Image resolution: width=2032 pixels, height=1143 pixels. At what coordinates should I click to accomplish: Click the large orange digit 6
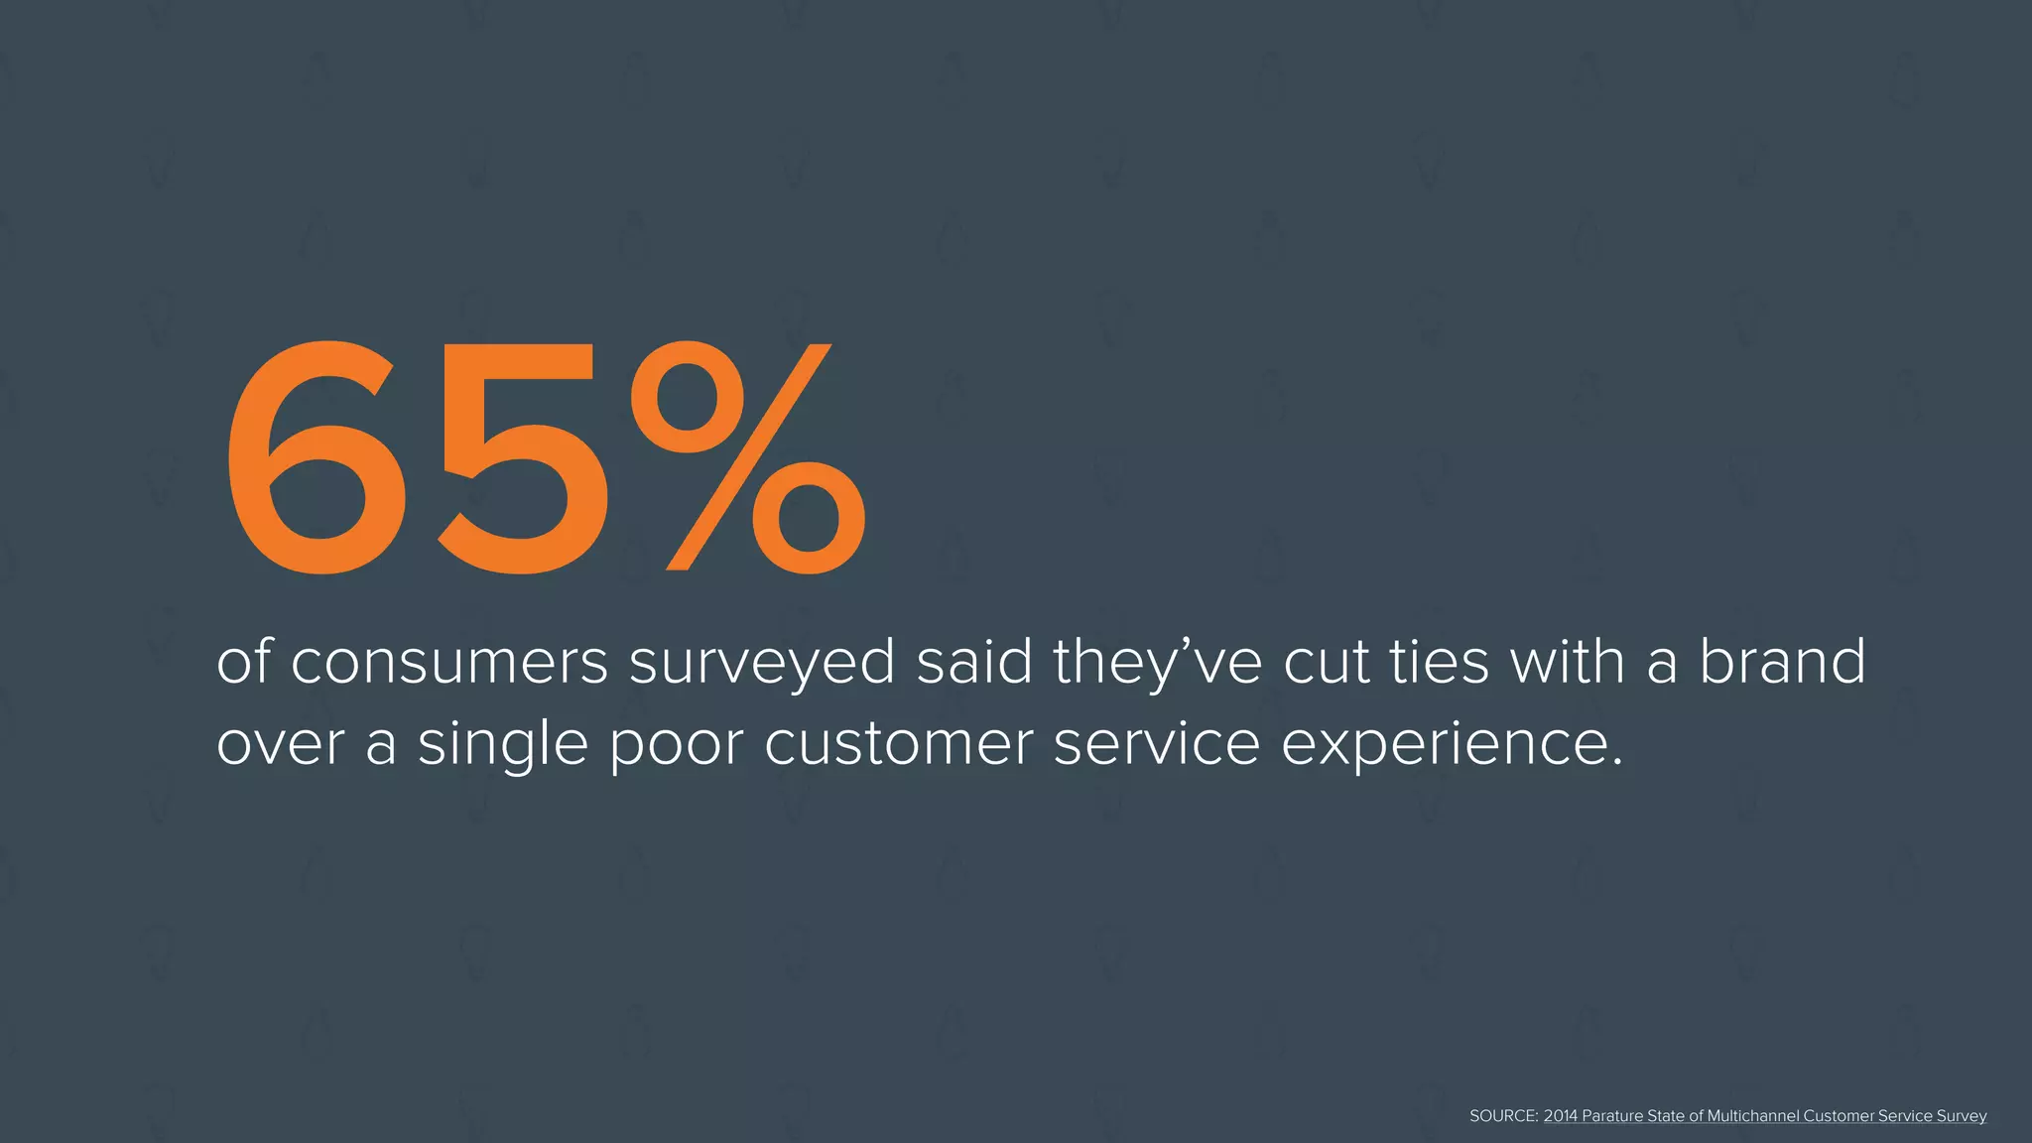[x=316, y=458]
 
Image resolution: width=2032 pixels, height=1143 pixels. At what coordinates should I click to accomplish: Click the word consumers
[x=449, y=663]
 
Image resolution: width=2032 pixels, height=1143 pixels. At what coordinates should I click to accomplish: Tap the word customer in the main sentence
[x=899, y=744]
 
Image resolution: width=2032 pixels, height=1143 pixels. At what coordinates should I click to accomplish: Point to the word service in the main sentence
[x=1157, y=744]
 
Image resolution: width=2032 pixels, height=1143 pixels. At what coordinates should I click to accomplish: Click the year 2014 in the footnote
[x=1561, y=1116]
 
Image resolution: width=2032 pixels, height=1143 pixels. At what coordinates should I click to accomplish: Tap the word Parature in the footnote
[x=1612, y=1116]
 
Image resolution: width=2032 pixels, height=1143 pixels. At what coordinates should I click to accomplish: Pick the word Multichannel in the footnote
[x=1753, y=1116]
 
